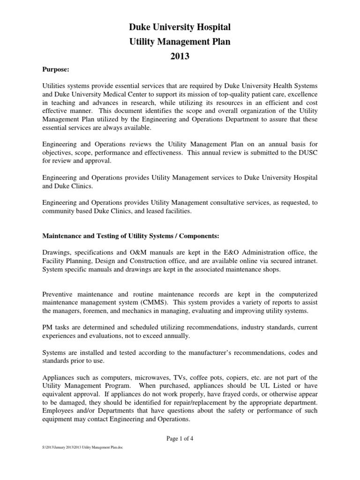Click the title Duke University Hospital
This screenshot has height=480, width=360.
coord(180,28)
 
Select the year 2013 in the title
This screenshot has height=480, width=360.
coord(180,57)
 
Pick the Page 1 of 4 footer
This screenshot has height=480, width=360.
coord(180,438)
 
